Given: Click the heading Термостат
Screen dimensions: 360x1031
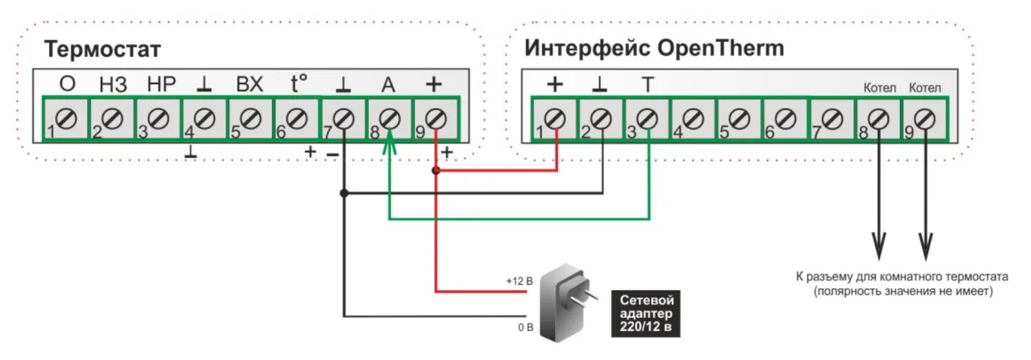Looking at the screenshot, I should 103,50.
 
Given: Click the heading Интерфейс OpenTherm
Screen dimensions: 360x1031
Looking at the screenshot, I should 654,48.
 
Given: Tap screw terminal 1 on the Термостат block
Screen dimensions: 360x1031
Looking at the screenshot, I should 67,119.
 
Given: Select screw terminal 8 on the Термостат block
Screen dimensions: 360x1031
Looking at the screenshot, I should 389,119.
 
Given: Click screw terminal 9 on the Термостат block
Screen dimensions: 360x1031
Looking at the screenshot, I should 435,119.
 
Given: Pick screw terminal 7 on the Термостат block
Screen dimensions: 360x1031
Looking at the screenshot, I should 343,119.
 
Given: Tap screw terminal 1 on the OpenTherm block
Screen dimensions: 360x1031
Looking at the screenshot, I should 556,119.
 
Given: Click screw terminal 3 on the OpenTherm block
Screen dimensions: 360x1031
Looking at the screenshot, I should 648,119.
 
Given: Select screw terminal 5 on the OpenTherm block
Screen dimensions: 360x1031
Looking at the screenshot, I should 740,119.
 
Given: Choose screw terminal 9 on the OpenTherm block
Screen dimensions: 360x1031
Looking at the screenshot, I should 925,119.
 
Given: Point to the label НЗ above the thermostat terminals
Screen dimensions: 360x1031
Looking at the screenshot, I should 113,84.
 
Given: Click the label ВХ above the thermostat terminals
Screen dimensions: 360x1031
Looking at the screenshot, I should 250,84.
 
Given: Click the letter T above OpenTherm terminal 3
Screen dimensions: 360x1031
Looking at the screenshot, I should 647,85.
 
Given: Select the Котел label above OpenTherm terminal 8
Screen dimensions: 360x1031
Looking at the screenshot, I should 879,88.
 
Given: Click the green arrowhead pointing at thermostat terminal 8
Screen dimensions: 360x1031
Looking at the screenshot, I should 389,140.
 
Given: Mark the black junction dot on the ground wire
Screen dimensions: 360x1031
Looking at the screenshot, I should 343,194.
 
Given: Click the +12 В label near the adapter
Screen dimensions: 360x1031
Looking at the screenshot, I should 519,281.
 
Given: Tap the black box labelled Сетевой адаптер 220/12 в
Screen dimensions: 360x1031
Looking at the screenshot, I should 645,314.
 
